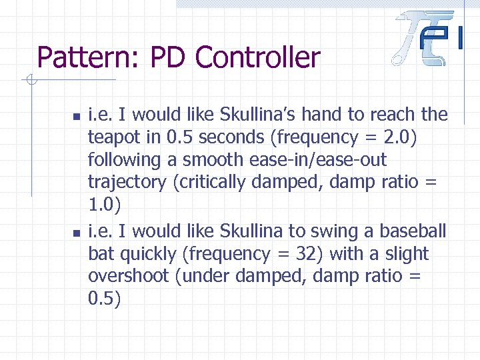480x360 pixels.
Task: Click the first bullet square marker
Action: tap(76, 117)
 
